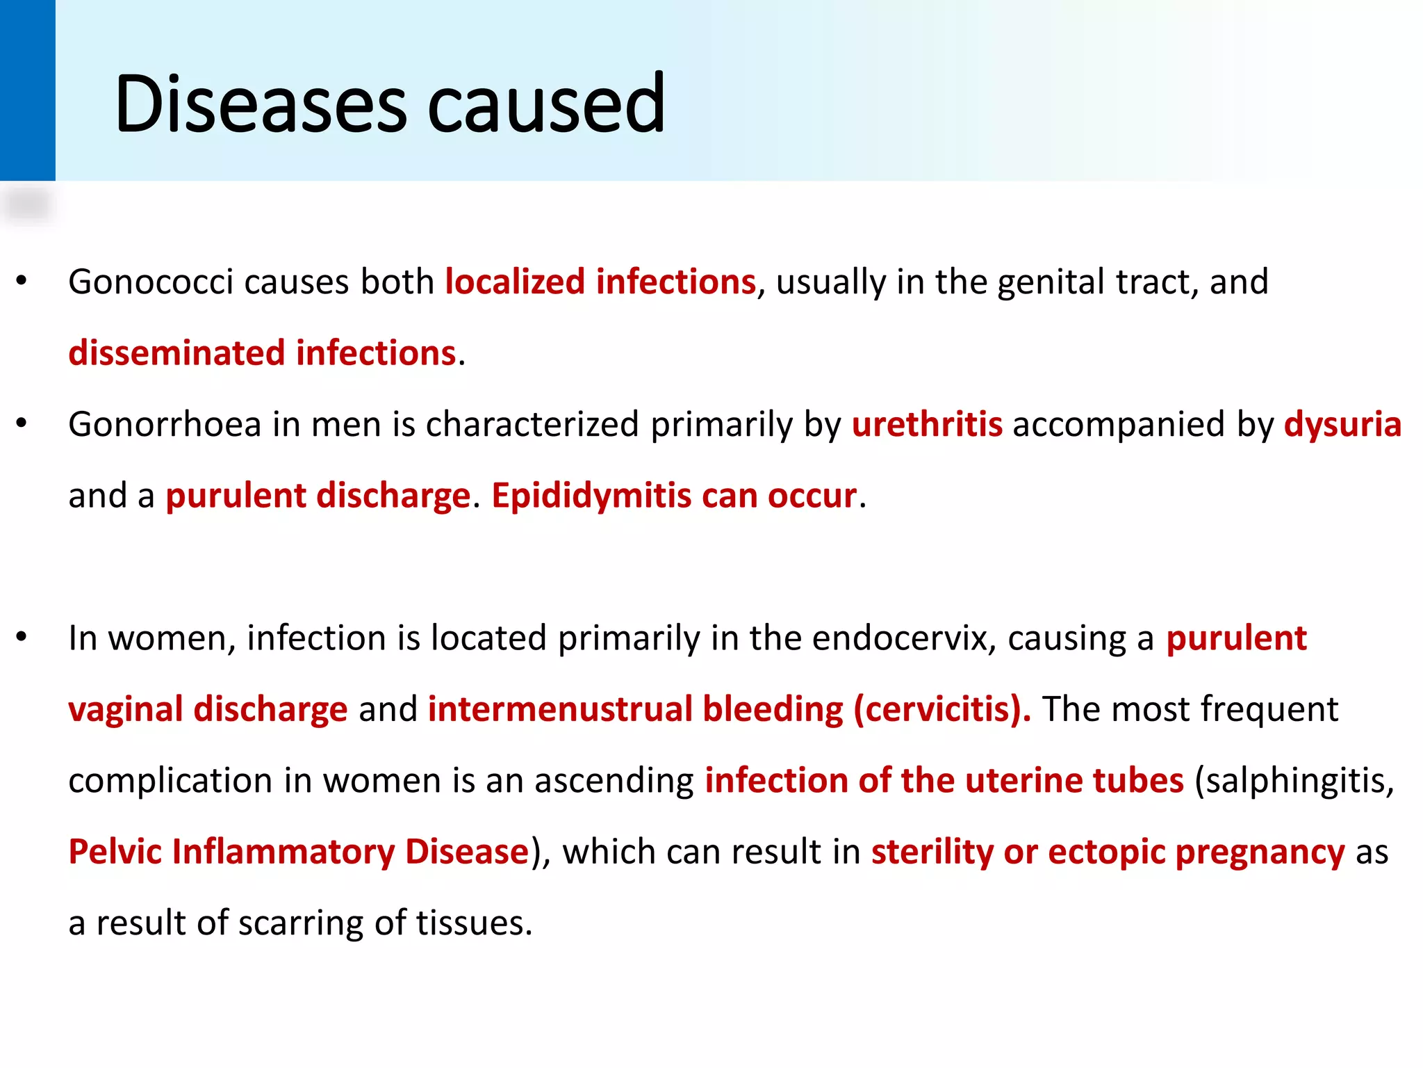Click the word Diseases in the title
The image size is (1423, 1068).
[x=261, y=104]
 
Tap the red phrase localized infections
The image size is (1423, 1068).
[x=600, y=282]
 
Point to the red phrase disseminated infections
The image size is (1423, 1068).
[x=263, y=353]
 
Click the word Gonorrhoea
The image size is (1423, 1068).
[x=165, y=425]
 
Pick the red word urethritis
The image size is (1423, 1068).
[x=927, y=425]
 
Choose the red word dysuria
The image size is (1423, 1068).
[x=1342, y=425]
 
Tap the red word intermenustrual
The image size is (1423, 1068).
[x=560, y=710]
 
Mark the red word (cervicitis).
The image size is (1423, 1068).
[x=942, y=710]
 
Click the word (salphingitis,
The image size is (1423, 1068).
[x=1294, y=781]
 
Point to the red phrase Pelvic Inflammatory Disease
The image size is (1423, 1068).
[x=299, y=852]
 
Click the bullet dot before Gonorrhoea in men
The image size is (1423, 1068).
[x=22, y=423]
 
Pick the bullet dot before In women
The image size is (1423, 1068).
[x=22, y=637]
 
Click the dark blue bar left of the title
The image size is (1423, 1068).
[x=27, y=90]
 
